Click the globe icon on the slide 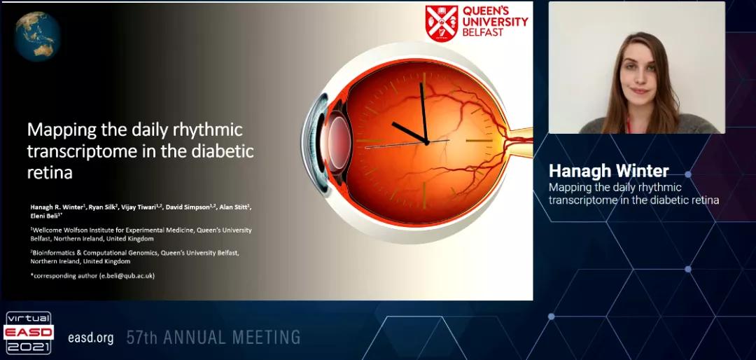coord(37,36)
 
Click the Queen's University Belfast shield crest coord(442,23)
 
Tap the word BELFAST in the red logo coord(483,32)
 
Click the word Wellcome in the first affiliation coord(45,230)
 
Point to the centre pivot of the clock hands coord(427,142)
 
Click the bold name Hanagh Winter coord(609,171)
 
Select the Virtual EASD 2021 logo coord(29,333)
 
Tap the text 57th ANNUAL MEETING coord(213,337)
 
